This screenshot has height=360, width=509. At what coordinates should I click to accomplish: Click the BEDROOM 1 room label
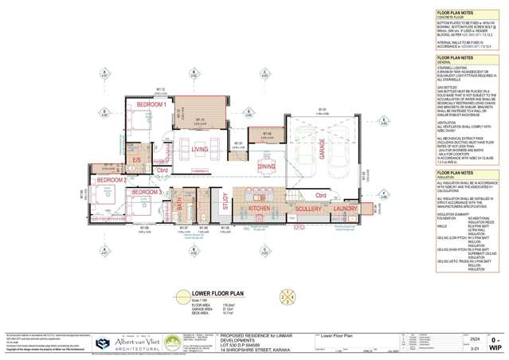coord(151,104)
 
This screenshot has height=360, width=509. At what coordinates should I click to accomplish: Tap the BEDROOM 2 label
coord(112,180)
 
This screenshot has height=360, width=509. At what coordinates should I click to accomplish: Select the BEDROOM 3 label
coord(147,192)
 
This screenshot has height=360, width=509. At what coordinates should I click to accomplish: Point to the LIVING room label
coord(199,149)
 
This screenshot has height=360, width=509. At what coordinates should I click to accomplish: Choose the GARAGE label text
coord(323,148)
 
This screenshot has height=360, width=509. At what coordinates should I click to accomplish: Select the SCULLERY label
coord(307,208)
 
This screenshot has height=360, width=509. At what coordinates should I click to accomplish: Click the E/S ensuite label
coord(136,160)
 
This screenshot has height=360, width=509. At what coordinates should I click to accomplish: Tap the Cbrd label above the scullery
coord(321,194)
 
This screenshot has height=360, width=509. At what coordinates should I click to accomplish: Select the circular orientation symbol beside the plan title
coord(288,298)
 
